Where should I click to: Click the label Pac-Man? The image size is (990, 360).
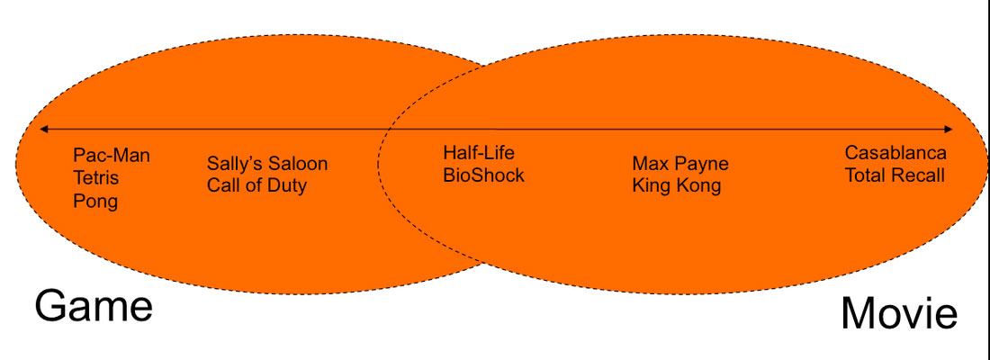(112, 156)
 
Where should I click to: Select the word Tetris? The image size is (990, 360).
(96, 178)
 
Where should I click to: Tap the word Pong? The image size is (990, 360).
(95, 201)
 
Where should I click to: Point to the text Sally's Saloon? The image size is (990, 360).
(267, 164)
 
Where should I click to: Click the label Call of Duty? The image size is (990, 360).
(256, 186)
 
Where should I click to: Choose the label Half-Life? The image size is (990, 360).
(479, 153)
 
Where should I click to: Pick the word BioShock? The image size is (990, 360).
(483, 175)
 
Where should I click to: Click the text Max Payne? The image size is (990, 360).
(680, 164)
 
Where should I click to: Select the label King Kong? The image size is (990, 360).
(677, 186)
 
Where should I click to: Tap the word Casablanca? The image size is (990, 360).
(895, 153)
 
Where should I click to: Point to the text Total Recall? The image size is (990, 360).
(895, 175)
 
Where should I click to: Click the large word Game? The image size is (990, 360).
(94, 306)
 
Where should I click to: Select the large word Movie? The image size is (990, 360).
(898, 314)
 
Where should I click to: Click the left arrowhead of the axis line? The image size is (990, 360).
(41, 129)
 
